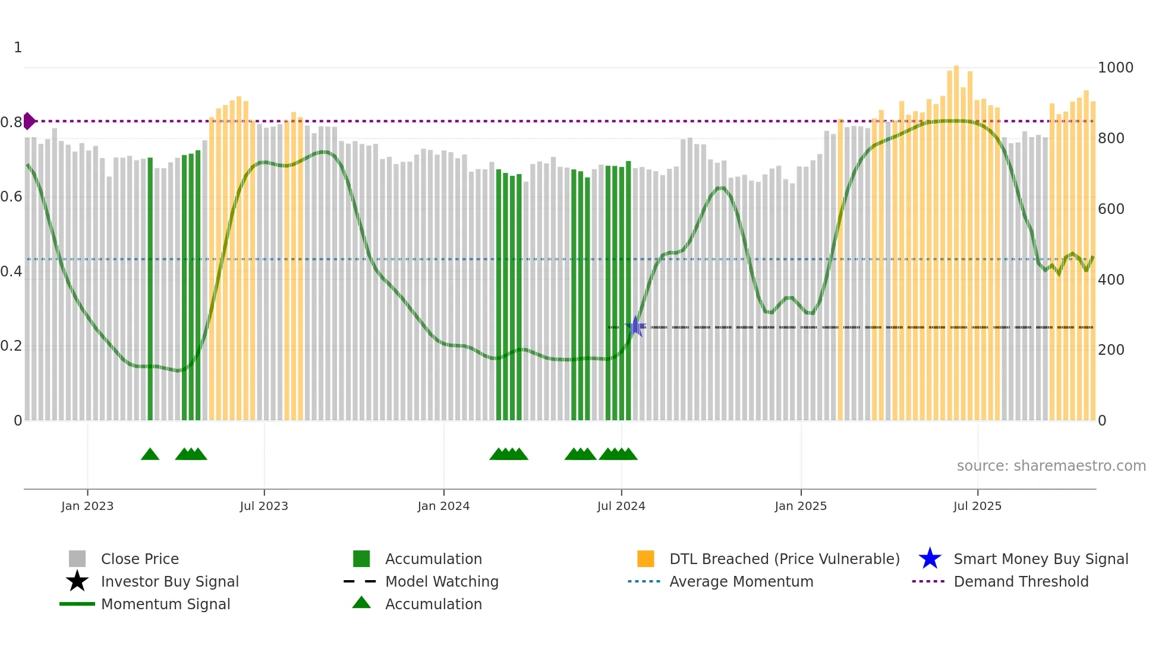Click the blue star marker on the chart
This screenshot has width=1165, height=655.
pyautogui.click(x=635, y=326)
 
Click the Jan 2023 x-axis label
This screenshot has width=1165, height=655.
pyautogui.click(x=87, y=506)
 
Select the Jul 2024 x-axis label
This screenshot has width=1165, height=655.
pyautogui.click(x=621, y=506)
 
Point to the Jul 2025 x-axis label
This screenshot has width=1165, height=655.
pyautogui.click(x=977, y=506)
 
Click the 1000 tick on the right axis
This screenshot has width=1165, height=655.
pyautogui.click(x=1115, y=67)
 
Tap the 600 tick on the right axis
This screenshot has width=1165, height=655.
pyautogui.click(x=1110, y=209)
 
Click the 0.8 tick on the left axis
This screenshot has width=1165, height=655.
pyautogui.click(x=11, y=122)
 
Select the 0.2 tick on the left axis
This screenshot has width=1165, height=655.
pyautogui.click(x=11, y=346)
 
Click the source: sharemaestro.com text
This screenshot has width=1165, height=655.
pyautogui.click(x=1051, y=465)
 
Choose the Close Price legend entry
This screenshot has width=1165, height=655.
pyautogui.click(x=140, y=559)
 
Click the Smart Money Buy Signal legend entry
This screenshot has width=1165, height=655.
pyautogui.click(x=1040, y=559)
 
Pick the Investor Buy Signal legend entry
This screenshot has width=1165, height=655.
pyautogui.click(x=169, y=581)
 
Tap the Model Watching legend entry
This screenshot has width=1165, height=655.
pyautogui.click(x=442, y=581)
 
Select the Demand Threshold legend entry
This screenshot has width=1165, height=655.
pyautogui.click(x=1021, y=581)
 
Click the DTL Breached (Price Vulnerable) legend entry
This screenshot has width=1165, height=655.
pyautogui.click(x=784, y=559)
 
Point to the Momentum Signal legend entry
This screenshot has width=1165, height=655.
pyautogui.click(x=165, y=604)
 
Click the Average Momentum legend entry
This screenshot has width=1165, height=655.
pyautogui.click(x=741, y=581)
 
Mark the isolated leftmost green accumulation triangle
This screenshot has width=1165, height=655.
pyautogui.click(x=150, y=455)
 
